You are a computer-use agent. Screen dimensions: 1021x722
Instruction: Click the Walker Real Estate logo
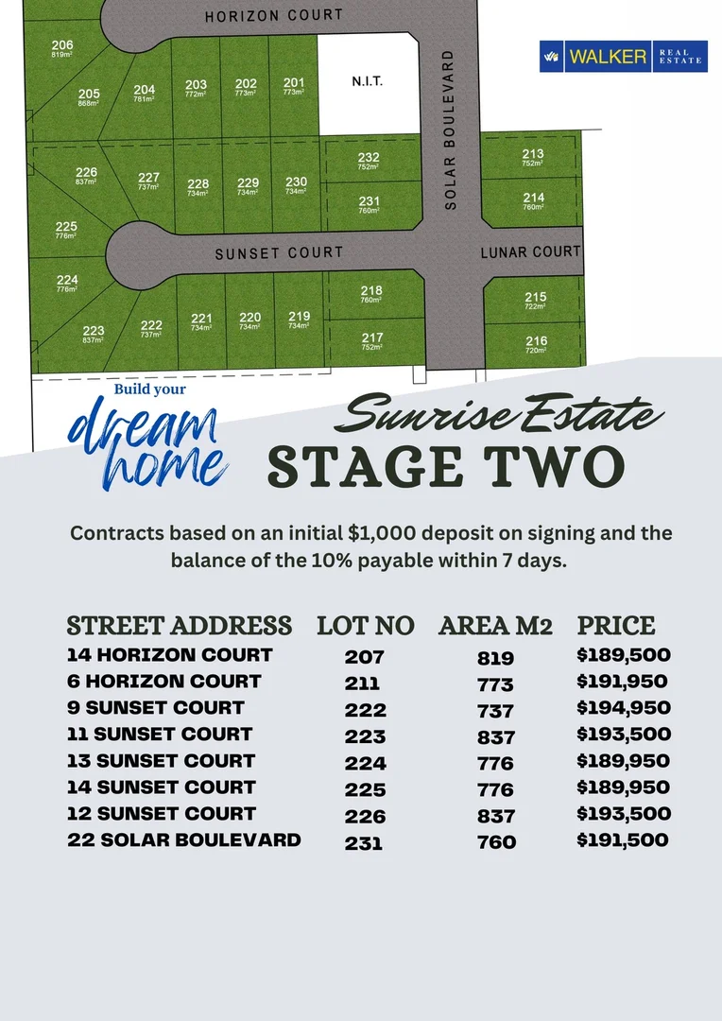pos(623,57)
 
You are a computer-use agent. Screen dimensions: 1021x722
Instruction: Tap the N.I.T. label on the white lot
pos(367,82)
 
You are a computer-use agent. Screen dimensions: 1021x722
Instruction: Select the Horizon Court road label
pos(274,15)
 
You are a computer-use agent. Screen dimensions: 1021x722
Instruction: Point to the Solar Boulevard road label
pos(450,130)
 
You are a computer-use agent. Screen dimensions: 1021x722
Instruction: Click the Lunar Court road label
pos(530,252)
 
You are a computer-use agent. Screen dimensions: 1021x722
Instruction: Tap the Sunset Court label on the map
pos(279,253)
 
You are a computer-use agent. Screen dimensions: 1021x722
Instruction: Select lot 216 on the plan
pos(536,344)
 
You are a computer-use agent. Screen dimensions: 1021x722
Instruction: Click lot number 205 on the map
pos(89,96)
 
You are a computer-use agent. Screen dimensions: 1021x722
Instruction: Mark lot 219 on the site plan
pos(299,320)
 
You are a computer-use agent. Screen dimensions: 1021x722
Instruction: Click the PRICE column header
pos(616,626)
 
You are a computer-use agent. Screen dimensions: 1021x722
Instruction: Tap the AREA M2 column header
pos(495,626)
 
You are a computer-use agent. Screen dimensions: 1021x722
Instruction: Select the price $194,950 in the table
pos(624,707)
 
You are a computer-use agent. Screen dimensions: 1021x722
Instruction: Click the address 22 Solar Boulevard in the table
pos(184,839)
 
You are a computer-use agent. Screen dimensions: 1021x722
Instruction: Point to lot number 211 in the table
pos(363,683)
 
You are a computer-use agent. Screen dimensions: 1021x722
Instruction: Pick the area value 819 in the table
pos(496,658)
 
